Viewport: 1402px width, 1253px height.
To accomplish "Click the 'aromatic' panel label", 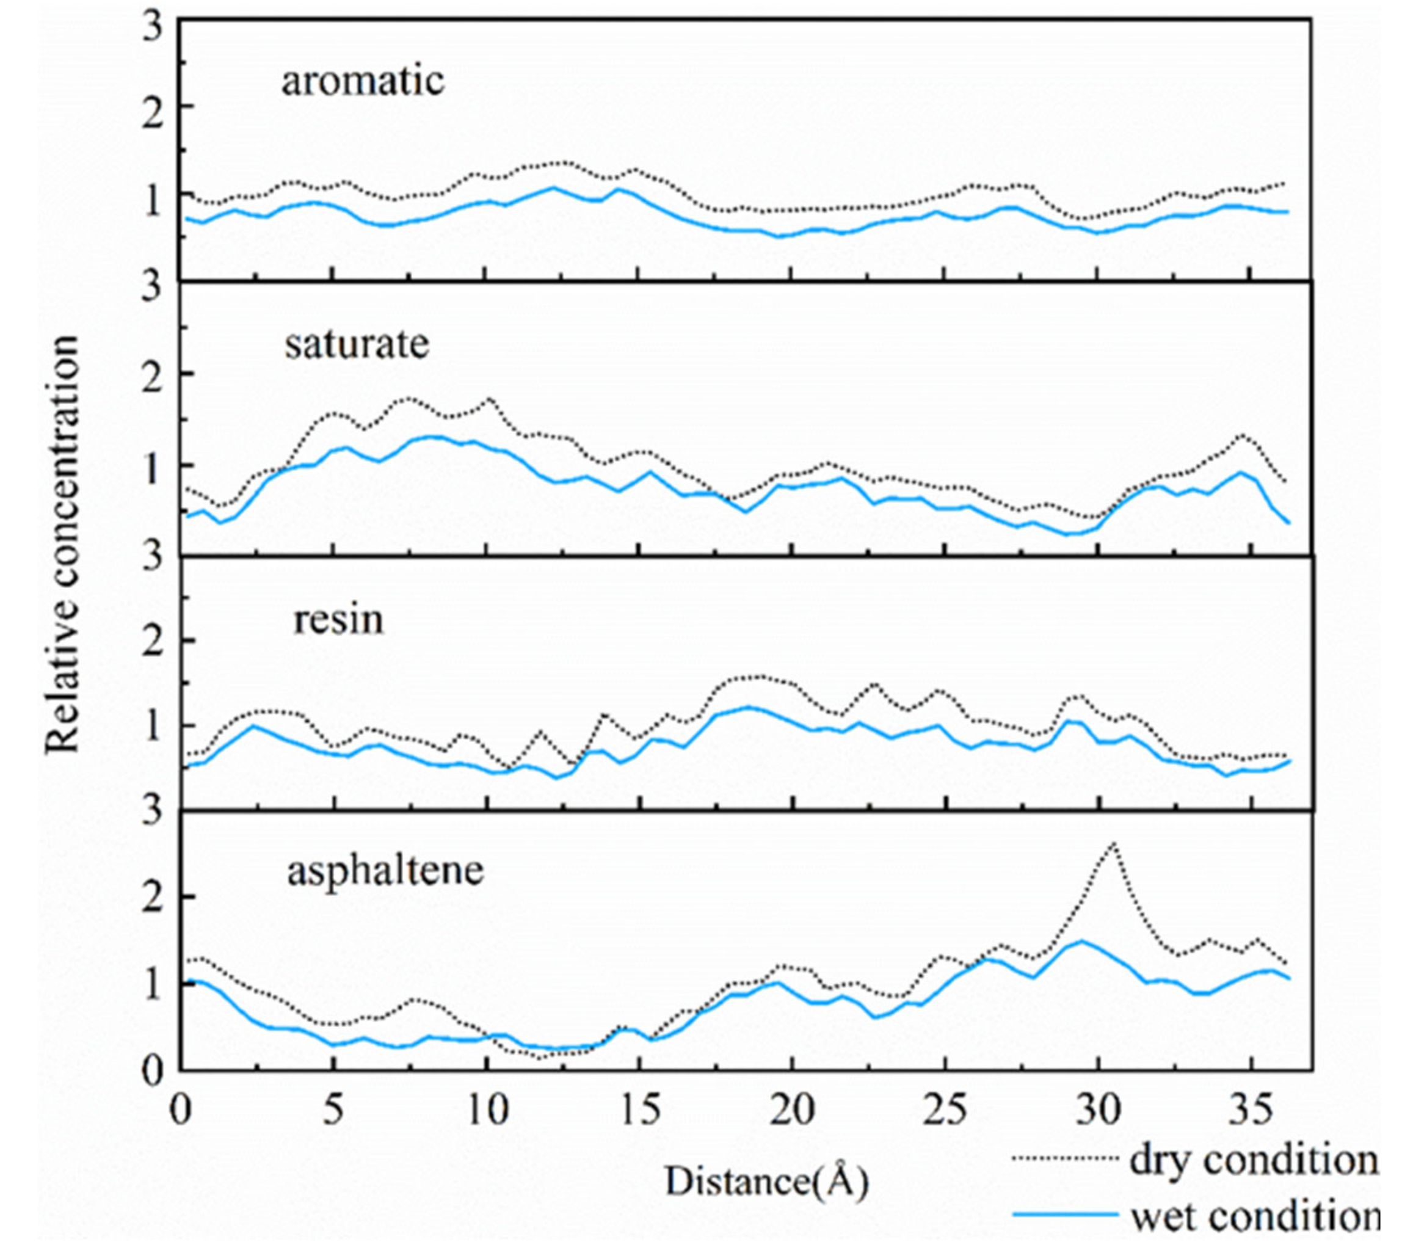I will click(x=363, y=81).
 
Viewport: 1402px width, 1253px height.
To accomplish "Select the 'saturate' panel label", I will click(x=357, y=344).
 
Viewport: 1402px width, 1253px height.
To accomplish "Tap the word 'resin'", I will click(x=338, y=619).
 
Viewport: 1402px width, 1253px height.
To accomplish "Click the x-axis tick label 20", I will click(x=792, y=1111).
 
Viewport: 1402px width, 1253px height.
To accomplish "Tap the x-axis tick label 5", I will click(x=333, y=1111).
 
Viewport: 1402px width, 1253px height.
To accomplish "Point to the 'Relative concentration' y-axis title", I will click(x=64, y=545).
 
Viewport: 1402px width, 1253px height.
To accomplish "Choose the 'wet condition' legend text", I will click(x=1255, y=1217).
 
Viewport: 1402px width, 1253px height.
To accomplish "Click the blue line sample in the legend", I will click(x=1064, y=1216).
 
